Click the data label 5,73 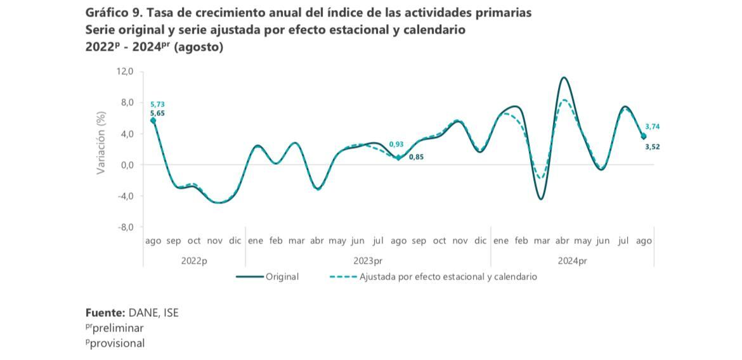(x=157, y=104)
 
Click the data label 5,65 (x=157, y=113)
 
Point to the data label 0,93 (x=396, y=144)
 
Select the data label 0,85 (x=416, y=157)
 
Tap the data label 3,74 (x=653, y=127)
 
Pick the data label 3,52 (x=653, y=146)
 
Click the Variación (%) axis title (x=101, y=143)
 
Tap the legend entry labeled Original (x=282, y=277)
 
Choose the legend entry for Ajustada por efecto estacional (x=448, y=277)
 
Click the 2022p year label (x=194, y=260)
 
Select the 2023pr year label (x=368, y=260)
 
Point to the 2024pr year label (x=572, y=260)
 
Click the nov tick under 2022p (x=214, y=241)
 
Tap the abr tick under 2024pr (x=562, y=241)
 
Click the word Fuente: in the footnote (x=105, y=312)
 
